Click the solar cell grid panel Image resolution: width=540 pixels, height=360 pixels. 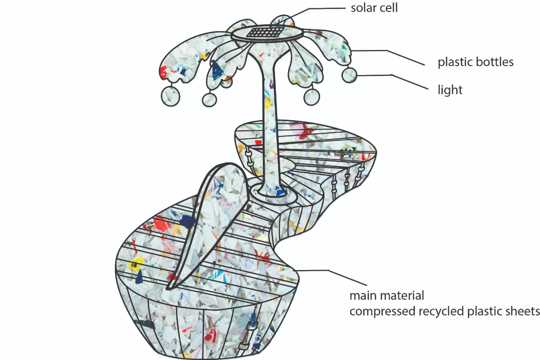point(267,32)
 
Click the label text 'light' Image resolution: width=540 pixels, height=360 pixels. point(450,90)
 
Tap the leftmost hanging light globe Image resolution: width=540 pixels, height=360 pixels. point(170,96)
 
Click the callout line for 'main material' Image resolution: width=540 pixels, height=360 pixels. point(315,270)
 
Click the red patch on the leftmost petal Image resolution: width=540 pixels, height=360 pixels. point(163,71)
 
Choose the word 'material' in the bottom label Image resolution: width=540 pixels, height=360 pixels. point(403,296)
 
